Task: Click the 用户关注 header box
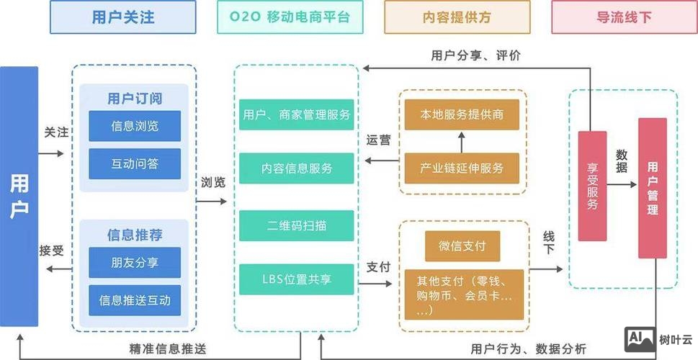pos(123,17)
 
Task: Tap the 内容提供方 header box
pos(457,17)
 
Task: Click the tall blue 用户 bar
pos(19,194)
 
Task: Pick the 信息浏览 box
pos(135,126)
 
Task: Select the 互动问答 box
pos(135,163)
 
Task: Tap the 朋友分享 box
pos(135,262)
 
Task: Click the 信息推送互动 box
pos(135,300)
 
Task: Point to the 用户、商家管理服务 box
pos(297,114)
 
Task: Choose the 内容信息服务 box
pos(297,168)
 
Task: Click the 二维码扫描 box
pos(297,225)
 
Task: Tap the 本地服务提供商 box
pos(462,114)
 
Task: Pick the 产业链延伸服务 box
pos(462,168)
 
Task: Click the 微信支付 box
pos(462,246)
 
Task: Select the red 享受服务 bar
pos(592,186)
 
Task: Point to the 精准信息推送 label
pos(168,349)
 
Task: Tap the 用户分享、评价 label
pos(475,55)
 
